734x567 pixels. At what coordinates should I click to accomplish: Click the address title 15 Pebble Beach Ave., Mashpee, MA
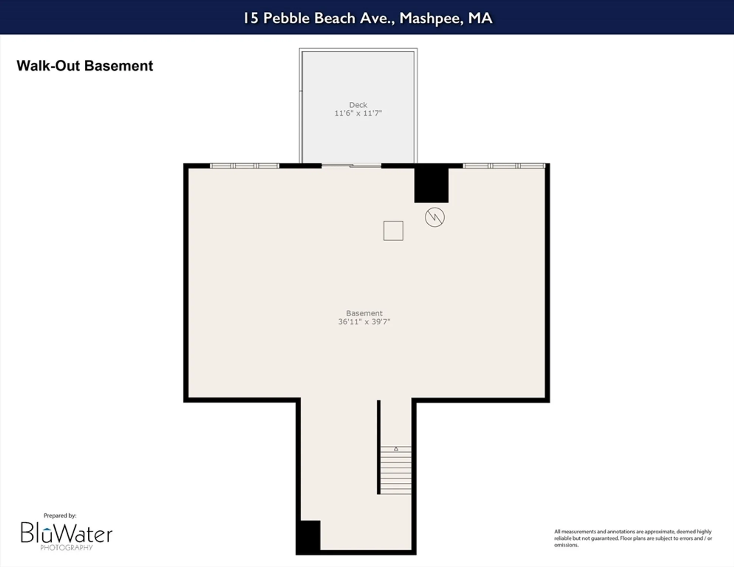(x=367, y=18)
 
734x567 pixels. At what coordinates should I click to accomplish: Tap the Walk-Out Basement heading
(x=85, y=66)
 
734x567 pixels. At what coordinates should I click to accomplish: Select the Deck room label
(x=358, y=105)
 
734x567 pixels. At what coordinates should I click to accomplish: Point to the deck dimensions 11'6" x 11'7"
(x=358, y=113)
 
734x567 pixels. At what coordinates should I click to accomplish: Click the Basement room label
(x=364, y=313)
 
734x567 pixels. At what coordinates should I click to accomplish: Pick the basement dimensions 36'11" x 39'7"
(x=364, y=322)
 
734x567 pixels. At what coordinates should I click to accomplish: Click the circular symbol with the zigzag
(x=435, y=217)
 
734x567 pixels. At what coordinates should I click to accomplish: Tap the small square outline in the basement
(x=393, y=231)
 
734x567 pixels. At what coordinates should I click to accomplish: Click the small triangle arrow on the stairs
(x=396, y=449)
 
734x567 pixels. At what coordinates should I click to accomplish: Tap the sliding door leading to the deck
(x=351, y=166)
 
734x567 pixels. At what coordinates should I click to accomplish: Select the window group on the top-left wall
(x=244, y=166)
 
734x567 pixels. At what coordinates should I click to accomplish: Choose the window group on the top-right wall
(x=504, y=166)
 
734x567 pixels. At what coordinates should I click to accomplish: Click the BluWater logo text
(x=66, y=533)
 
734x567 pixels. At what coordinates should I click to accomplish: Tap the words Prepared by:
(x=60, y=516)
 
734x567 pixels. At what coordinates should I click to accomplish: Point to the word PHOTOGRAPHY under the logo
(x=66, y=548)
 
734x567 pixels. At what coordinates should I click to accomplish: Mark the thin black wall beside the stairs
(x=379, y=447)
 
